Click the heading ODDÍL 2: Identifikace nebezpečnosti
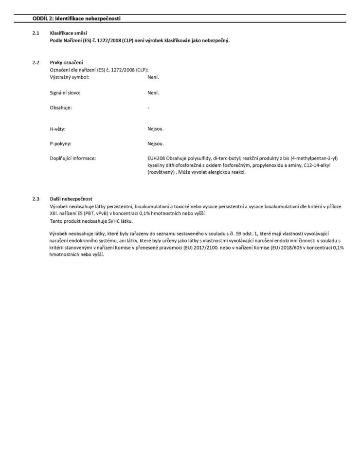point(76,18)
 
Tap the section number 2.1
point(36,33)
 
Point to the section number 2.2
point(36,62)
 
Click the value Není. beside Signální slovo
point(153,92)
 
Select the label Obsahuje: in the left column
point(61,107)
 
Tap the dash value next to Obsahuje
point(148,107)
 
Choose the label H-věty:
point(58,128)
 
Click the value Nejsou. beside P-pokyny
point(156,143)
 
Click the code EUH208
point(156,159)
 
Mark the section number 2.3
point(36,199)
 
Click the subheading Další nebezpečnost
point(71,199)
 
